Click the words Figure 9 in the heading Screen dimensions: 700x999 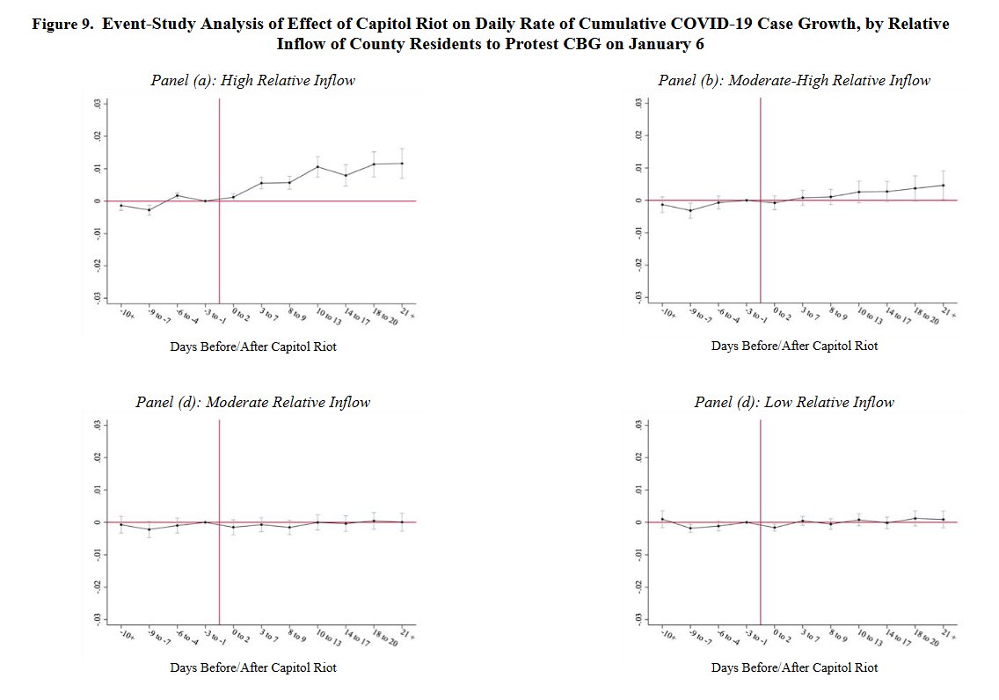[x=62, y=25]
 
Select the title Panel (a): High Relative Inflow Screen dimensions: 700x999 [x=252, y=81]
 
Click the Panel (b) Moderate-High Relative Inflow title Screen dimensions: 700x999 [x=794, y=81]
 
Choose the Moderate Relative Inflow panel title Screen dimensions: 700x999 [x=252, y=402]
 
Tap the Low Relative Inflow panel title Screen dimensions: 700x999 [x=794, y=402]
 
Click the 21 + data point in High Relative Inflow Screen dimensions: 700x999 [x=402, y=164]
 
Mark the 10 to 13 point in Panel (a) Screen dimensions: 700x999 [x=317, y=167]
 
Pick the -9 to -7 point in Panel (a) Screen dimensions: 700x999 [x=149, y=210]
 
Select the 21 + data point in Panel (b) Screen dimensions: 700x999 [x=944, y=185]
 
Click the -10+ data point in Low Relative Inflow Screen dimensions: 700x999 [x=662, y=519]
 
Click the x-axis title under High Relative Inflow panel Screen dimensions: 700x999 [x=252, y=346]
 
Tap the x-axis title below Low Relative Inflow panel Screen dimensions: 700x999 [x=794, y=667]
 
